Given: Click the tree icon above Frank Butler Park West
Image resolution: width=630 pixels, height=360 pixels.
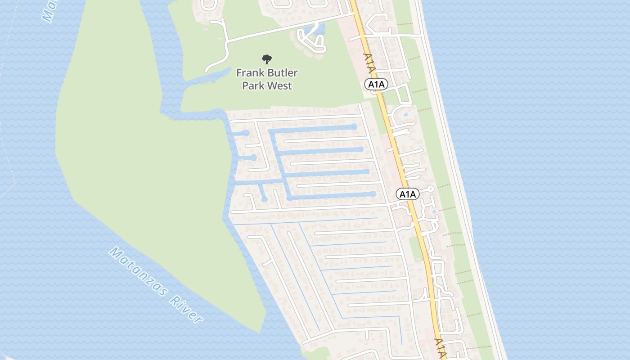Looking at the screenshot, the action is [267, 59].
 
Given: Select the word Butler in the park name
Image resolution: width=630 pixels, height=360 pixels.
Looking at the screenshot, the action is [282, 73].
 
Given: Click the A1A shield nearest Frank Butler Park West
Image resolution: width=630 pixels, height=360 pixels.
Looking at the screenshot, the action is [376, 84].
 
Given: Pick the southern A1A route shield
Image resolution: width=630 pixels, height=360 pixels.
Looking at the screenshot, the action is [408, 194].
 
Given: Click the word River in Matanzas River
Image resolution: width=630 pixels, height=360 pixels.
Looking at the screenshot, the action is [186, 310].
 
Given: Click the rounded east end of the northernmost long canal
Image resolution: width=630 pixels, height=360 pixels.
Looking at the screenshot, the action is [355, 127].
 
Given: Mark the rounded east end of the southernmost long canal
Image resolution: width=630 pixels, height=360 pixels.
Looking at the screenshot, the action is [373, 194].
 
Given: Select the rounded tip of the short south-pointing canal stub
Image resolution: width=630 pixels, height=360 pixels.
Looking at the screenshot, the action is [265, 199].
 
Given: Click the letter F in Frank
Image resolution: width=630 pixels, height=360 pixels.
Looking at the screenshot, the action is [239, 73].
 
